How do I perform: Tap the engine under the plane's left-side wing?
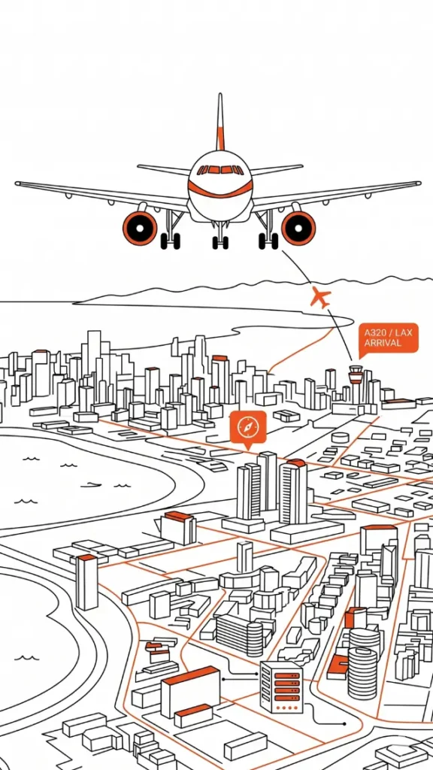(x=140, y=228)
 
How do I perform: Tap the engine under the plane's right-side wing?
(x=298, y=228)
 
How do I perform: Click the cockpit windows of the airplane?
(x=220, y=170)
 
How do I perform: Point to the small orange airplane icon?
(x=321, y=298)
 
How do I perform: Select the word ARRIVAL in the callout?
(x=383, y=343)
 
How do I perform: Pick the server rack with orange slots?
(x=281, y=687)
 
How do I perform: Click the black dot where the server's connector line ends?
(x=344, y=724)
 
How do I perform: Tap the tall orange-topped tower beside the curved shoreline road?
(x=87, y=582)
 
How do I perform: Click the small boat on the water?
(x=90, y=485)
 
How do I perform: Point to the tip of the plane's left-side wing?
(x=18, y=183)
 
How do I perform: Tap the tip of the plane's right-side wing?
(x=418, y=183)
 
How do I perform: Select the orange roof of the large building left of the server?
(x=190, y=675)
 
